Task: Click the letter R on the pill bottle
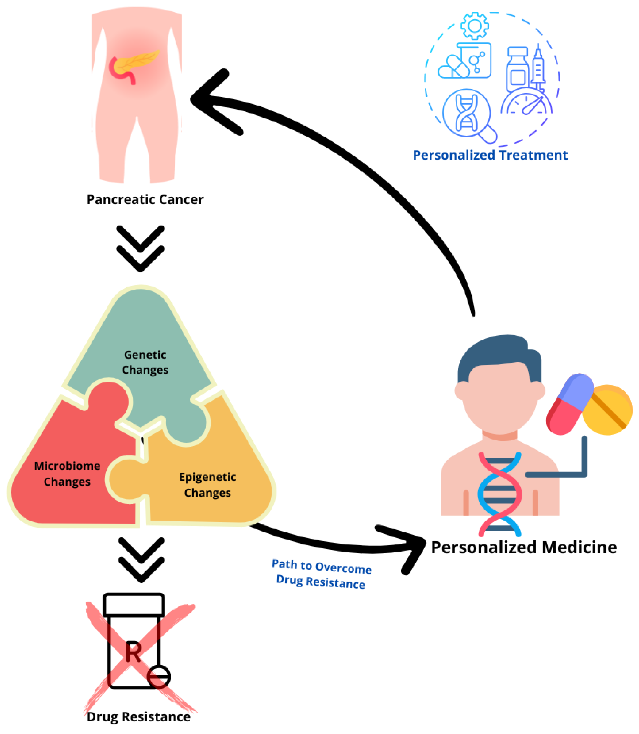pos(133,652)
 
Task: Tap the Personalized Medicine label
pos(523,548)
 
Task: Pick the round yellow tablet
pos(607,410)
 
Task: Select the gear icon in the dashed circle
pos(475,26)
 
